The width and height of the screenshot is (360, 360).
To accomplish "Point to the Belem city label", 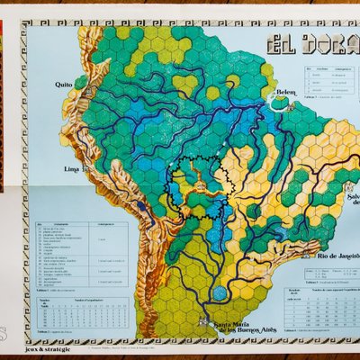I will coord(285,92).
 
